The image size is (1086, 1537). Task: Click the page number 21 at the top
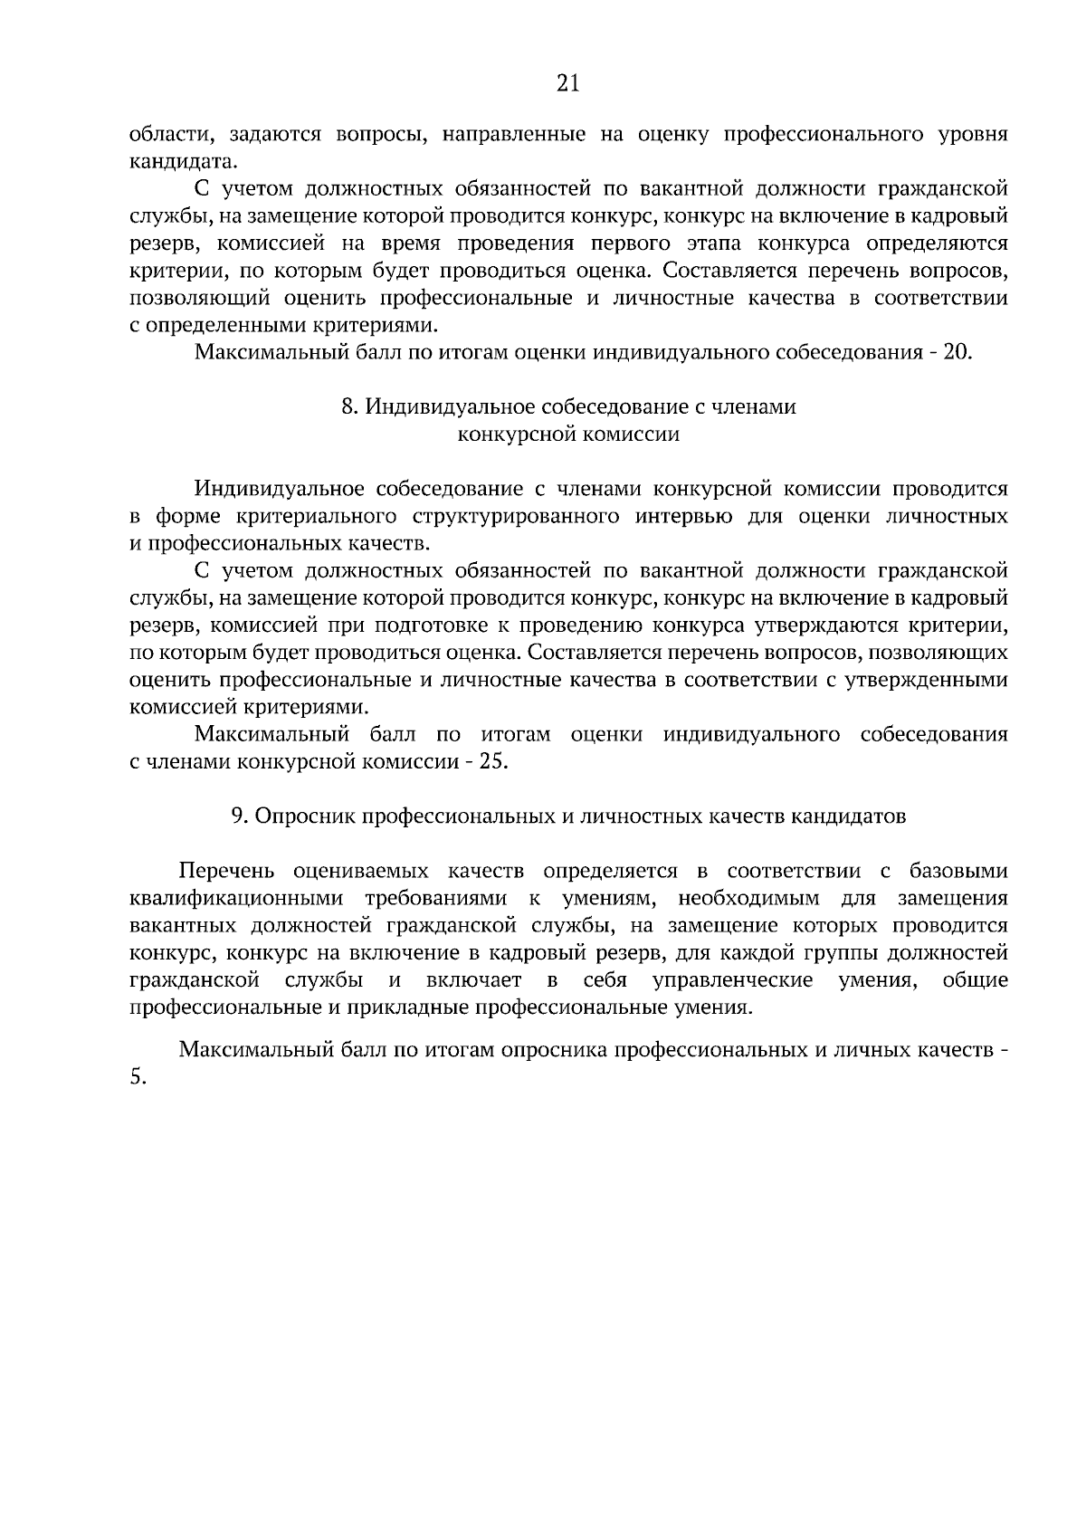(x=567, y=84)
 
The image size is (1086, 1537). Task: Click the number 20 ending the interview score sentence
(x=957, y=352)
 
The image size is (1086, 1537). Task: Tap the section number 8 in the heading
(x=347, y=407)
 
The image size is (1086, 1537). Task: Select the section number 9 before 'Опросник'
(x=236, y=816)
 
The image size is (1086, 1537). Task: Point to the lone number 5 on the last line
(x=135, y=1079)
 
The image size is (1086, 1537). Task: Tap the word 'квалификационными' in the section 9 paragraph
(x=237, y=899)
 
